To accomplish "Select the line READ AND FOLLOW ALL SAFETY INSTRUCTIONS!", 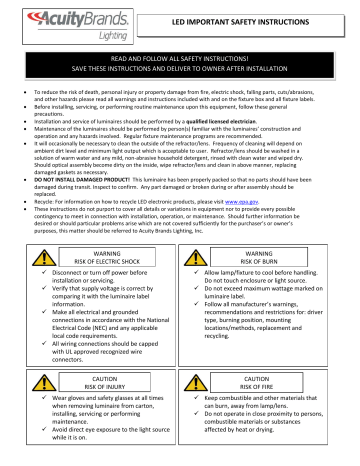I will [x=180, y=61].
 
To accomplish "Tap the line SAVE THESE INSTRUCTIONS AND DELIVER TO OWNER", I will [x=180, y=70].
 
